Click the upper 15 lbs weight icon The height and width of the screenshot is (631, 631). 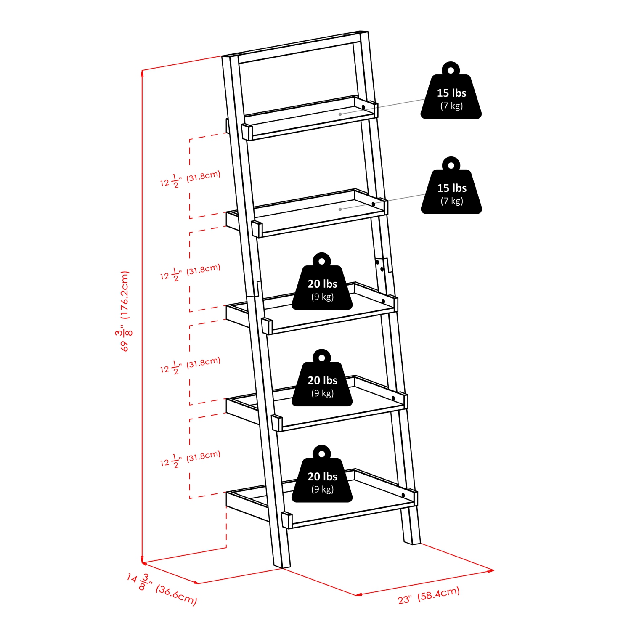coord(451,97)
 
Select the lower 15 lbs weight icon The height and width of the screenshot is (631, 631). coord(451,192)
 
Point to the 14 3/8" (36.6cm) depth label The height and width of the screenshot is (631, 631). coord(162,589)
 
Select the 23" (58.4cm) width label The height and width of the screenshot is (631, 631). coord(429,595)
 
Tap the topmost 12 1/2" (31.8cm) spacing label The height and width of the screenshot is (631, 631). coord(190,179)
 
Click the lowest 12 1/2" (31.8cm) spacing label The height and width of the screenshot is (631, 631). coord(190,459)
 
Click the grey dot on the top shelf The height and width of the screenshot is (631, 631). coord(340,114)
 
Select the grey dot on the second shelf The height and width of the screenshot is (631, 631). coord(340,209)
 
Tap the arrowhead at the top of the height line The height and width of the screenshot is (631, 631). coord(143,73)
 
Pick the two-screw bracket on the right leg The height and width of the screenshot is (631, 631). coord(381,266)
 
